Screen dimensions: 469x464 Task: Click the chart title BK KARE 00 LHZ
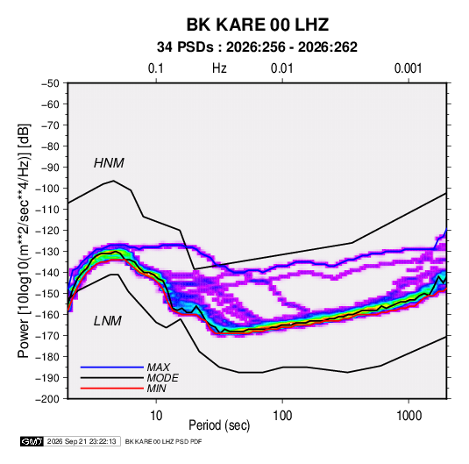[258, 25]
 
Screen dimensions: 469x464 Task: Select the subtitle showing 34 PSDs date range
[257, 47]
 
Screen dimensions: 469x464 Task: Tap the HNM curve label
[109, 163]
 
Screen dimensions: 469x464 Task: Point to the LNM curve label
[108, 321]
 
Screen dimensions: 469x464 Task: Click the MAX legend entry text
[158, 368]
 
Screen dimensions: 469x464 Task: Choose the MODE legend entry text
[162, 378]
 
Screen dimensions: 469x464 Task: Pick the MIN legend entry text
[156, 389]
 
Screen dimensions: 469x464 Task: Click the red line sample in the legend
[112, 389]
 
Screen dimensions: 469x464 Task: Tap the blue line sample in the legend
[112, 368]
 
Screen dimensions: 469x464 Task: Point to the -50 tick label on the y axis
[50, 83]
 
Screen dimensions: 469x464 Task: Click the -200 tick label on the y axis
[47, 399]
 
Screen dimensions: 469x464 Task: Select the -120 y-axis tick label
[47, 231]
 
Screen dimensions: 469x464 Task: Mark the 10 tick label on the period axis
[156, 416]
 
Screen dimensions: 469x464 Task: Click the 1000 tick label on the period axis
[409, 416]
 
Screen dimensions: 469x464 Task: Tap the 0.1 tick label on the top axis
[156, 68]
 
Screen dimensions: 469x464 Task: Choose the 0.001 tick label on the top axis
[408, 68]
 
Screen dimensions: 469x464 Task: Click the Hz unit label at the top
[219, 68]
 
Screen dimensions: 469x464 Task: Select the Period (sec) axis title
[219, 425]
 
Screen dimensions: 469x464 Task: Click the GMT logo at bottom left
[32, 441]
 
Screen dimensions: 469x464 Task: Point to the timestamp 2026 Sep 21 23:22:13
[82, 441]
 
